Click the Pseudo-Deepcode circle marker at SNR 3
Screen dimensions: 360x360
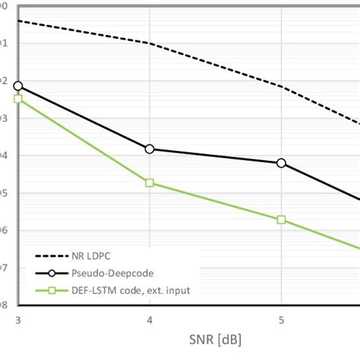[x=17, y=87]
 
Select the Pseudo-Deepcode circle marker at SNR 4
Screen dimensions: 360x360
[x=150, y=149]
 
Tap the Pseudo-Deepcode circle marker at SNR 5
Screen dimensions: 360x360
[x=281, y=163]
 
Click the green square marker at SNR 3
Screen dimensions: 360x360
[x=17, y=99]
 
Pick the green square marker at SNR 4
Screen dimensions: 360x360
[x=150, y=183]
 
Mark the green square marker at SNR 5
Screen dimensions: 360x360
[x=281, y=219]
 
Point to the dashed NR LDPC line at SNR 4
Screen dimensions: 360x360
[x=150, y=43]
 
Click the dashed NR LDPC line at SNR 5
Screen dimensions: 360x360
[x=281, y=87]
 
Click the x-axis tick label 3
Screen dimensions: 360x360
[x=17, y=321]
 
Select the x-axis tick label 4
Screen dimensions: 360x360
[x=150, y=321]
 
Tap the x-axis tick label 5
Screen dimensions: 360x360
[x=281, y=321]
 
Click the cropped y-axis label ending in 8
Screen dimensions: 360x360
[x=4, y=305]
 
